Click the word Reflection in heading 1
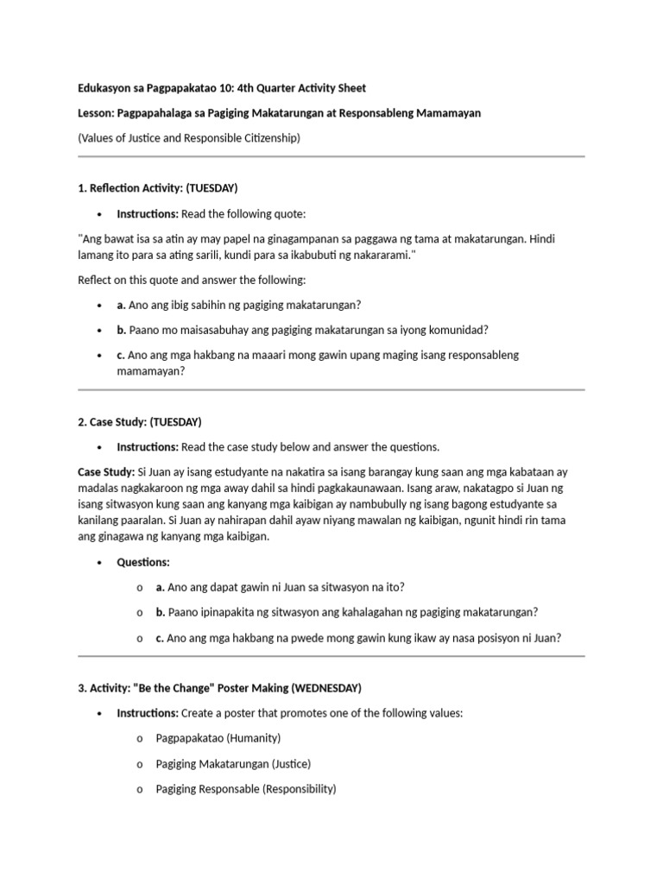click(117, 187)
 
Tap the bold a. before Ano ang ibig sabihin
click(122, 305)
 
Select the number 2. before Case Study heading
click(82, 422)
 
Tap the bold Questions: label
click(143, 562)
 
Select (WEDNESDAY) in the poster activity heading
click(326, 688)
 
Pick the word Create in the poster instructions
click(199, 713)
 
